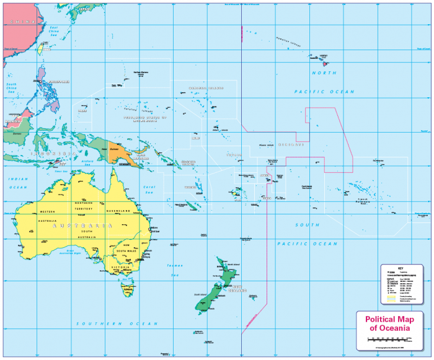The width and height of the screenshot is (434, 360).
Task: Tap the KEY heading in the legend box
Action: pos(401,268)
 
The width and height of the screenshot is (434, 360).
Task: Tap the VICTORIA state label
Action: pos(122,266)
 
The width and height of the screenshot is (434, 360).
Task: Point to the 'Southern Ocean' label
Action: pos(113,323)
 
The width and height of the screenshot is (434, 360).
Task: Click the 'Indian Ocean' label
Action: pos(18,183)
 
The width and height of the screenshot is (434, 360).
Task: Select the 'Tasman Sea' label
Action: pos(175,270)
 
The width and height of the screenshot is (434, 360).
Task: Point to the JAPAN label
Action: pos(79,9)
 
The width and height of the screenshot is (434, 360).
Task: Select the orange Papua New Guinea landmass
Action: pos(118,152)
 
